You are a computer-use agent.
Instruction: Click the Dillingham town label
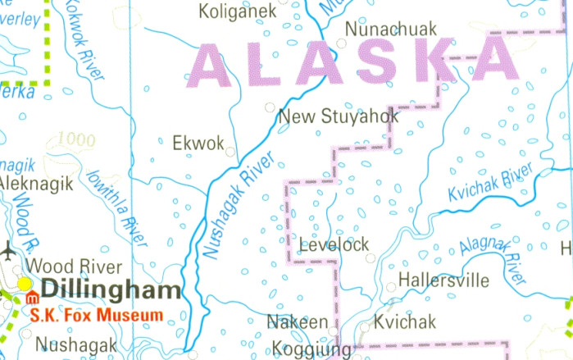[x=111, y=290]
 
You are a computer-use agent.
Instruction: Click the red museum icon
[x=32, y=297]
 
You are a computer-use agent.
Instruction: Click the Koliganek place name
[x=237, y=11]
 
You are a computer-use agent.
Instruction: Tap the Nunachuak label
[x=390, y=30]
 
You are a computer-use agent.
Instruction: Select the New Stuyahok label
[x=339, y=116]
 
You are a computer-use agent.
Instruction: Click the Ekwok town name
[x=198, y=144]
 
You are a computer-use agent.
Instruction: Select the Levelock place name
[x=334, y=244]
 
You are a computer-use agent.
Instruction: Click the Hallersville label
[x=443, y=281]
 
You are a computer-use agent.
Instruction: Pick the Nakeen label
[x=298, y=322]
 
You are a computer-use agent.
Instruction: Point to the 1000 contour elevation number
[x=77, y=140]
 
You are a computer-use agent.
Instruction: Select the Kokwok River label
[x=84, y=42]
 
